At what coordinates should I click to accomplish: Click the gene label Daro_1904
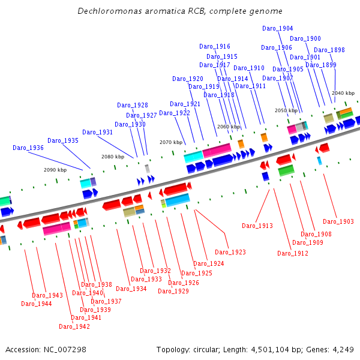(x=278, y=28)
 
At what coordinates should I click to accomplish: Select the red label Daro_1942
(x=74, y=326)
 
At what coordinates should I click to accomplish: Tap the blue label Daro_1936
(x=28, y=148)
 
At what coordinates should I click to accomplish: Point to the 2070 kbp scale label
(x=171, y=142)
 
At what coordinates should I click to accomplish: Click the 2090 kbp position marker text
(x=55, y=170)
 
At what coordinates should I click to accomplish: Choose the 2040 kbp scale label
(x=343, y=93)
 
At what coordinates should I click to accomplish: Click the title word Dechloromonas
(x=110, y=11)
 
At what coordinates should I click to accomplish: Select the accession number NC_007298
(x=65, y=350)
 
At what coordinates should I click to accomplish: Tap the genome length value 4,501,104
(x=270, y=350)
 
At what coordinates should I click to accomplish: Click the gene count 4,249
(x=343, y=350)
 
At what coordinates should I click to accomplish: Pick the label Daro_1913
(x=257, y=226)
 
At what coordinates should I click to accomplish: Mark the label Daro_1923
(x=230, y=253)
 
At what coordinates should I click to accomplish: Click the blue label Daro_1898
(x=329, y=50)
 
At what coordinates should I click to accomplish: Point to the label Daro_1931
(x=98, y=132)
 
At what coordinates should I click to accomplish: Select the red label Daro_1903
(x=338, y=221)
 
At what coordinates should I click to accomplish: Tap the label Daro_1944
(x=36, y=304)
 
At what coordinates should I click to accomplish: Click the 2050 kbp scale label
(x=286, y=110)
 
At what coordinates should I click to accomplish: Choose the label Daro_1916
(x=215, y=47)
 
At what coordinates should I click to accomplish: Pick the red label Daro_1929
(x=173, y=291)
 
